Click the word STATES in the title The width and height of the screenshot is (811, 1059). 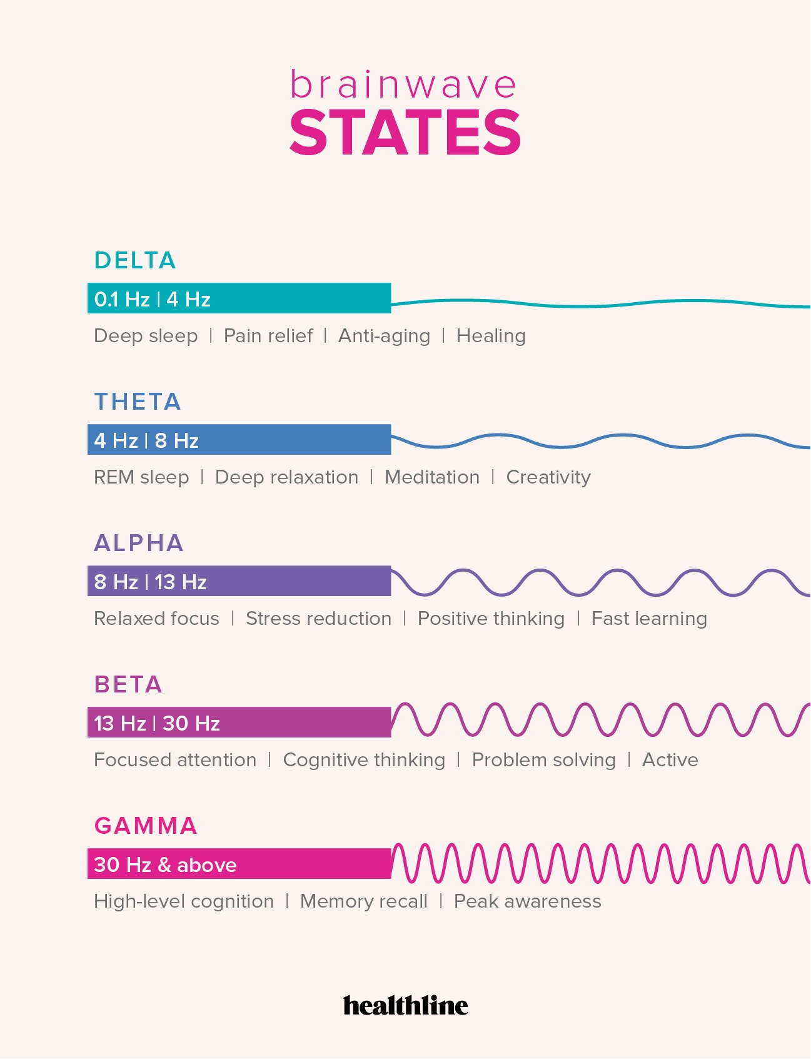point(405,132)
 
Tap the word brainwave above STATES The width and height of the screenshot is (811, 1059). point(403,85)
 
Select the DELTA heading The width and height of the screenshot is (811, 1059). point(135,260)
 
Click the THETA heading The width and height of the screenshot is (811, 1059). point(138,402)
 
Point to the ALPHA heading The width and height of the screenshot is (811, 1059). point(139,543)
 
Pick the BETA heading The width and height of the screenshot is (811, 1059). point(128,684)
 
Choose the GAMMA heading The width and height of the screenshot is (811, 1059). point(146,826)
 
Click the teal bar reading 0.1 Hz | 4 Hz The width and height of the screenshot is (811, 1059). point(239,298)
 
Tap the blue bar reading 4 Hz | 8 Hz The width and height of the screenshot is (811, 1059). point(239,440)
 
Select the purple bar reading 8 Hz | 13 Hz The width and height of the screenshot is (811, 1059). point(239,581)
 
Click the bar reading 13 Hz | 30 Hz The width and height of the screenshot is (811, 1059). point(239,722)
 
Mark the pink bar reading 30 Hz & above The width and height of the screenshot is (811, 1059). point(239,864)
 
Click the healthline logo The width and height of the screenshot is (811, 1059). point(405,1005)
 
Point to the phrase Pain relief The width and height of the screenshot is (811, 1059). point(268,336)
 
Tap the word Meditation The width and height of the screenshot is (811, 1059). point(432,477)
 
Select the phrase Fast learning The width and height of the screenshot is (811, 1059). point(649,619)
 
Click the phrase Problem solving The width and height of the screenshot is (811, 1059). point(544,760)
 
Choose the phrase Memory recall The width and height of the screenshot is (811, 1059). point(364,901)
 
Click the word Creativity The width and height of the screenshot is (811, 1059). point(548,477)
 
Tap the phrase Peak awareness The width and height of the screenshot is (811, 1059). point(528,901)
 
